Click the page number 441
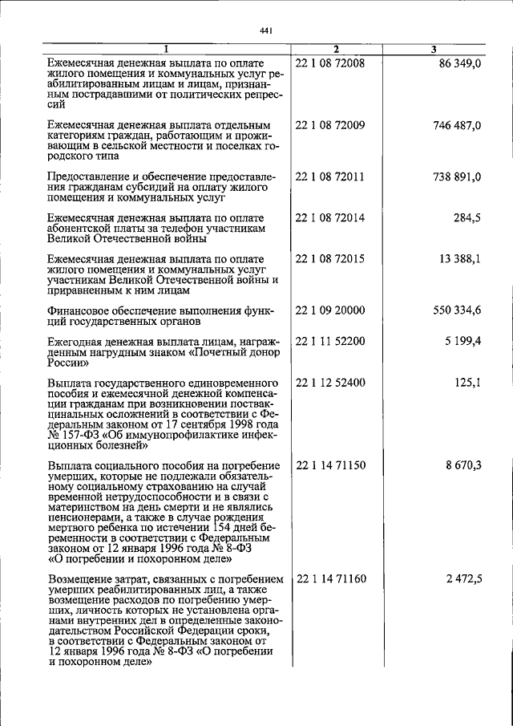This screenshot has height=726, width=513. (x=268, y=31)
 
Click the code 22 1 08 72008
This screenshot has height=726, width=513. (x=330, y=63)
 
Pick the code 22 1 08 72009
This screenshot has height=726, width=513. (x=330, y=125)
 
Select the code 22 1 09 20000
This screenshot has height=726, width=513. (x=330, y=310)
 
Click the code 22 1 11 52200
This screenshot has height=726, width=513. (x=330, y=341)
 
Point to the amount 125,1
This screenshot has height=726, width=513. (x=467, y=383)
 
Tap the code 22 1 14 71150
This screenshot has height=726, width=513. (x=330, y=465)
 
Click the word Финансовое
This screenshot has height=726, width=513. (x=80, y=311)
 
